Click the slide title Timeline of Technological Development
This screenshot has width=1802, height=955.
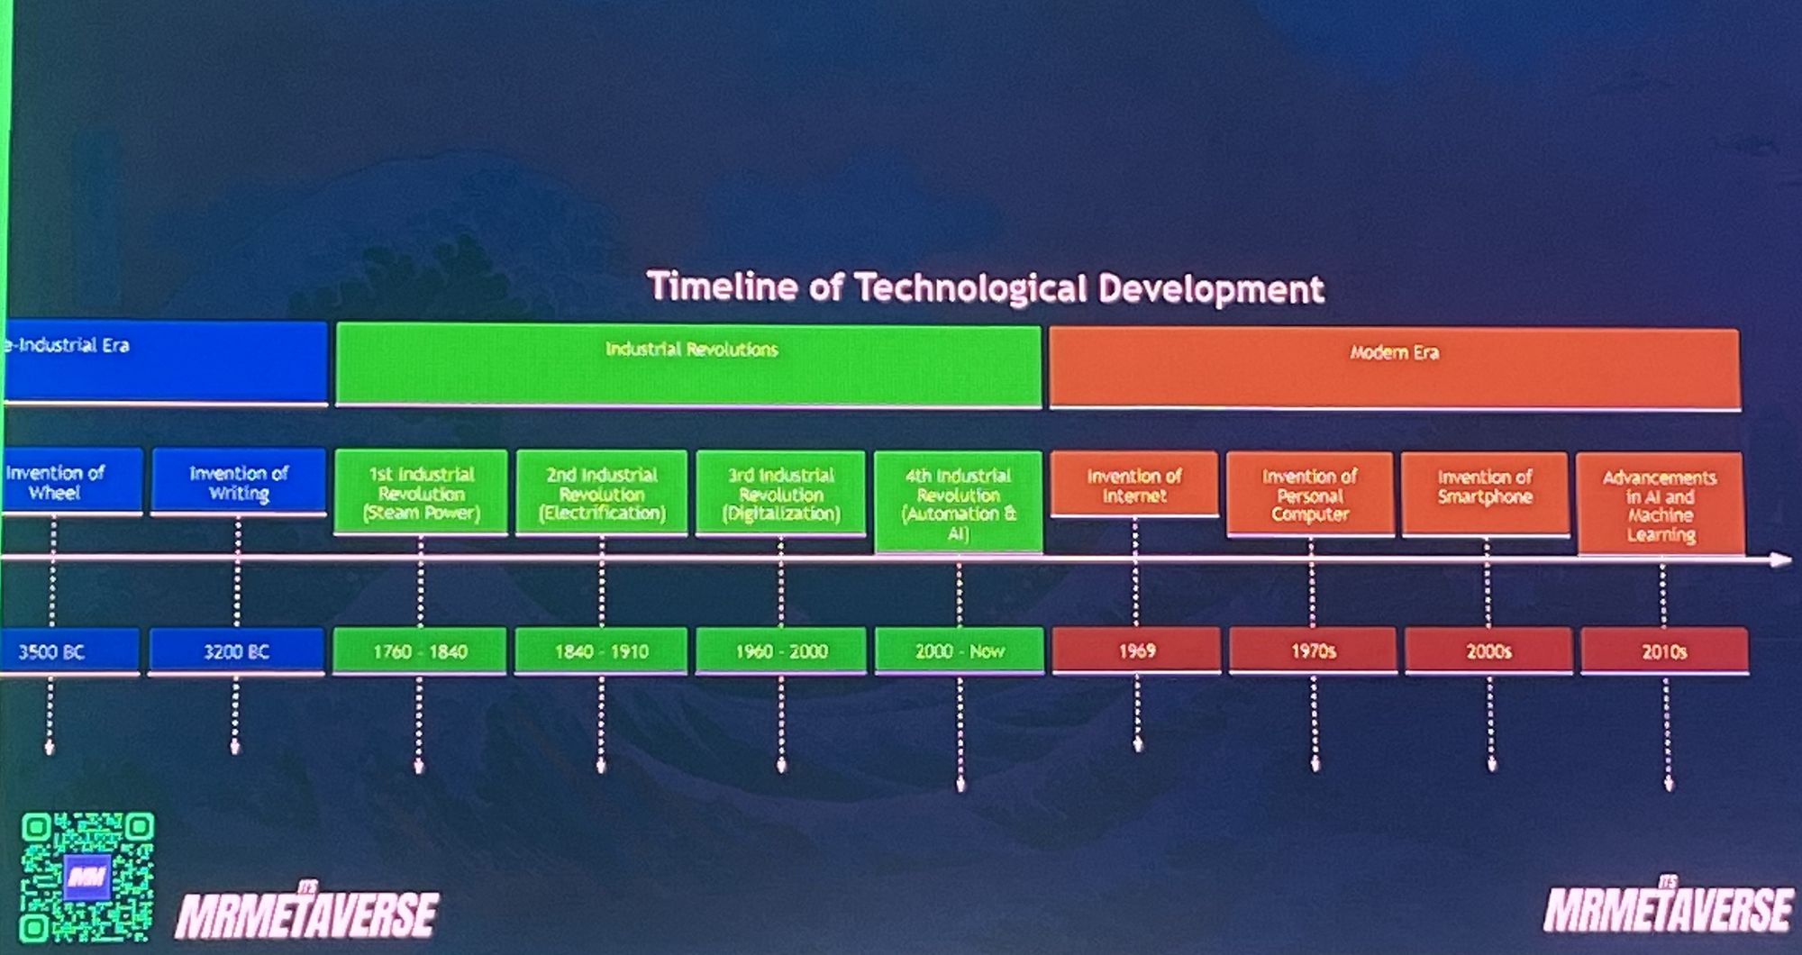986,288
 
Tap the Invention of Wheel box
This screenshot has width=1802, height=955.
71,482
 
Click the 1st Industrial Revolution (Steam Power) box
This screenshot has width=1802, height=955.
421,493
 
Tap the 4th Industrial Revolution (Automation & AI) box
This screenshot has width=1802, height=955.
959,503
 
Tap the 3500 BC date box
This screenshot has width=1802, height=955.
69,651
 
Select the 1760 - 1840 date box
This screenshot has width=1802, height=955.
420,650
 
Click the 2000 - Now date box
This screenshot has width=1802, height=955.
960,650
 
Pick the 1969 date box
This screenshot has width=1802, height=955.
1136,650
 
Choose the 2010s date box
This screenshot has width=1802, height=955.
1664,651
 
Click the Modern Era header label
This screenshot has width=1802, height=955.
1394,352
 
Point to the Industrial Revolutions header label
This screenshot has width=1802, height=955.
691,350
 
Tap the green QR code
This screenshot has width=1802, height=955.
87,877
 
